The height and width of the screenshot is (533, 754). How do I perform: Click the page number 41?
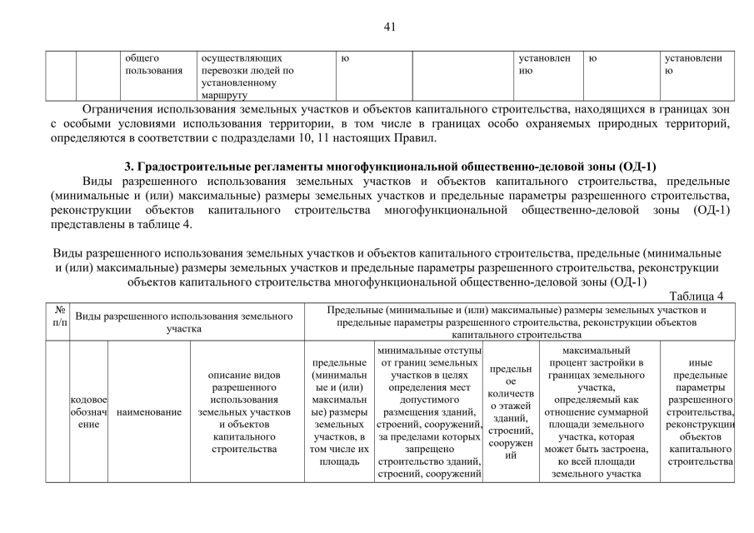[x=388, y=27]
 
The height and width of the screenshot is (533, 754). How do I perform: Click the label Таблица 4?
[x=697, y=296]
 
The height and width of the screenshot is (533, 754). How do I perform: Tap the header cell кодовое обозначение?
[x=89, y=412]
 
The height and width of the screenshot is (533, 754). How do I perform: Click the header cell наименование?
[x=149, y=412]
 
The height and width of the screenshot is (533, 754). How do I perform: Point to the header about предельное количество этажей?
[x=511, y=412]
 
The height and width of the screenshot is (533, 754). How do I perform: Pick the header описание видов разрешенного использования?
[x=247, y=412]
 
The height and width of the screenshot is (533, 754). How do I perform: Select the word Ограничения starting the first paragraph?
[x=117, y=110]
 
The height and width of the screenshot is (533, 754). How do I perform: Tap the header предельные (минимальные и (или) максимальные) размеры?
[x=339, y=412]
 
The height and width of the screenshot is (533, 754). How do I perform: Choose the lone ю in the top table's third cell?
[x=345, y=59]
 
